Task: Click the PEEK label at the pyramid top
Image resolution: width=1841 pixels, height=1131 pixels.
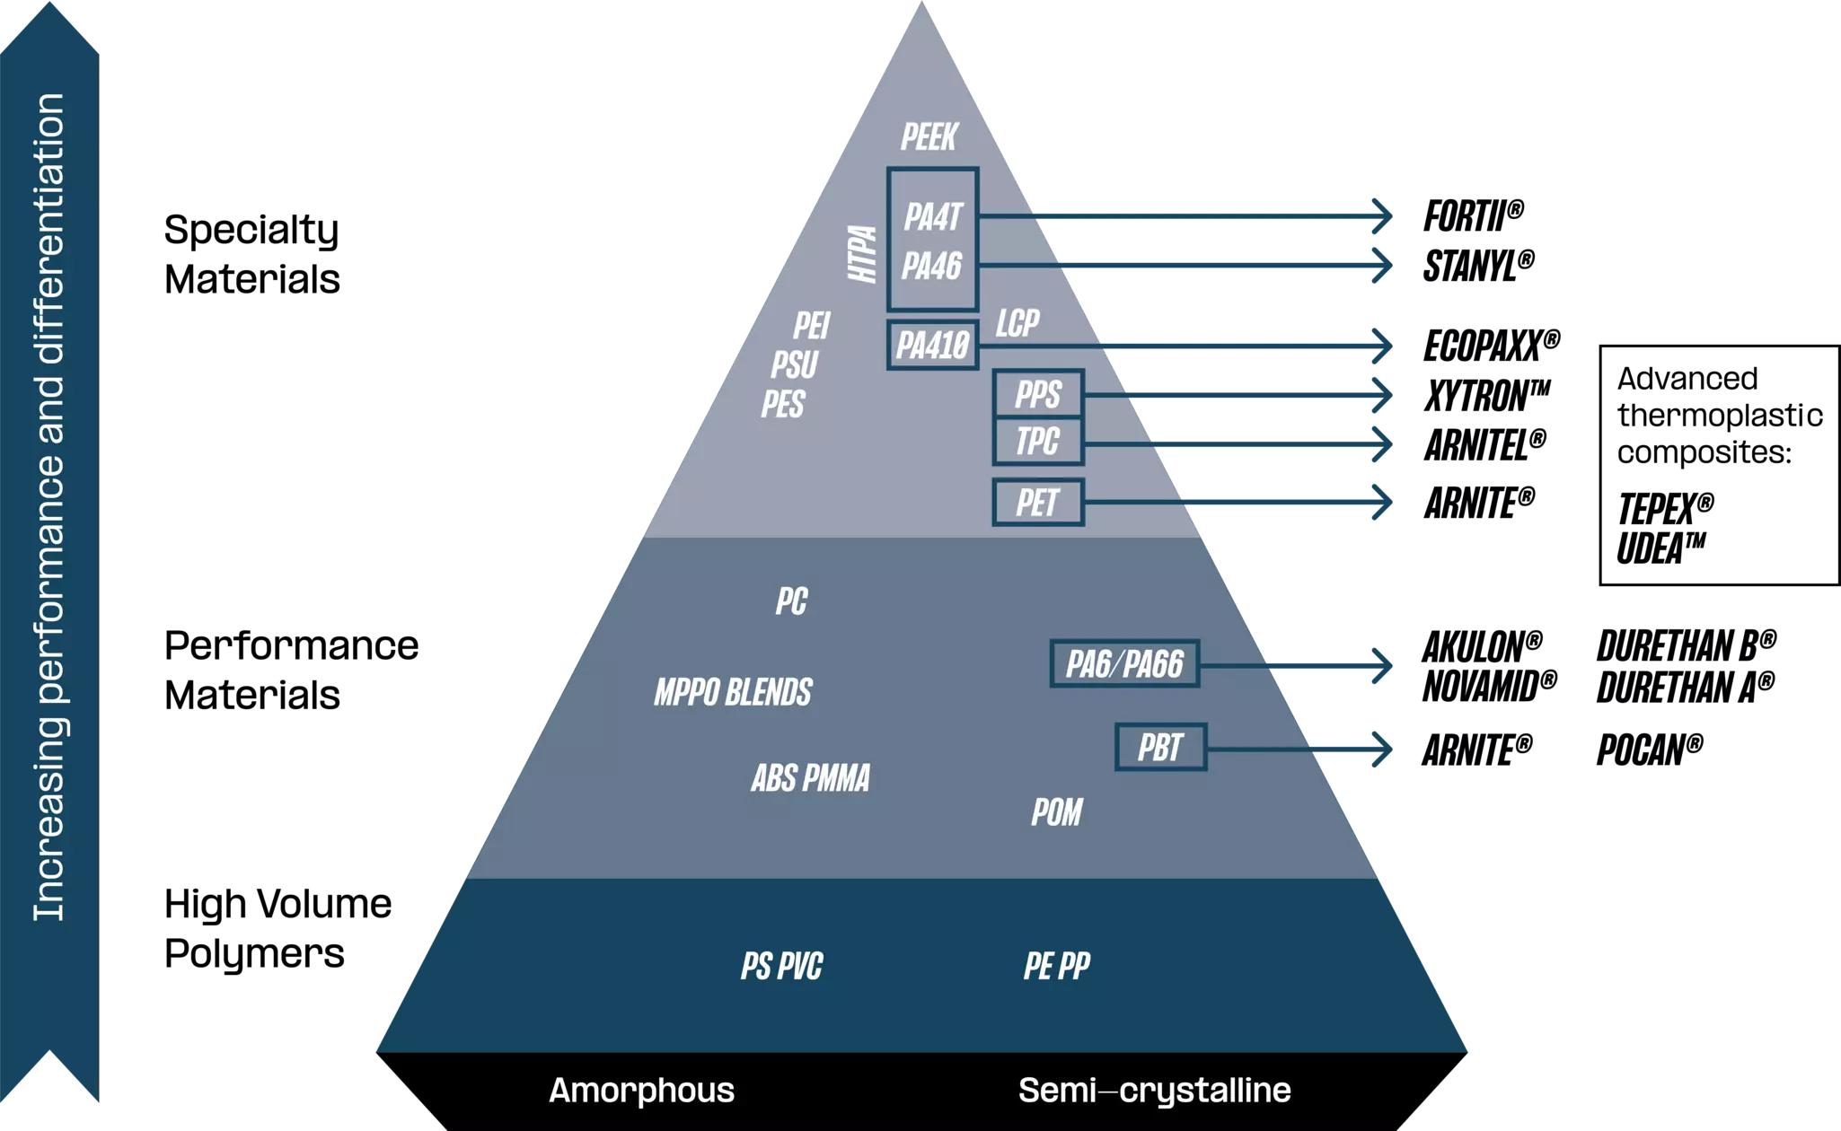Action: pos(929,137)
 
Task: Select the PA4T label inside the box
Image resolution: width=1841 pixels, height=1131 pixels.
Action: pos(933,217)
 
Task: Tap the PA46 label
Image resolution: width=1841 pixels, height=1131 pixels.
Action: pos(932,267)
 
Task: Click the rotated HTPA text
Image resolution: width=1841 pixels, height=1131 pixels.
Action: pos(863,254)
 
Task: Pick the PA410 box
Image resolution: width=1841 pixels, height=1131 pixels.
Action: pos(932,345)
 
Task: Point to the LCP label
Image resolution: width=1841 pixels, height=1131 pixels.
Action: pos(1017,323)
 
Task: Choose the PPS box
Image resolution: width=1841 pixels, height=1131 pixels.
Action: pos(1038,394)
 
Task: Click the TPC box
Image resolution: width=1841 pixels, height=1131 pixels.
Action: pos(1038,442)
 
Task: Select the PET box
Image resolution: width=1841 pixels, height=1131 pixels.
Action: pos(1038,503)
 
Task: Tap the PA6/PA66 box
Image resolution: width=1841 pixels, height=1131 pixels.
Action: pos(1124,664)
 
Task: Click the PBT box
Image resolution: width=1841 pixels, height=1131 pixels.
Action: pos(1160,748)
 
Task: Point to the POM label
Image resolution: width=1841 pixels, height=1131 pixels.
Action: pos(1057,812)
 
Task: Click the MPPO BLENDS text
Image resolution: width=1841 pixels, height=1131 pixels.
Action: pos(733,693)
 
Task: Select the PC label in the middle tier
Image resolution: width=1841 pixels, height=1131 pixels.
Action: pos(791,601)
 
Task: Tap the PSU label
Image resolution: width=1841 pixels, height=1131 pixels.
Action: pos(795,365)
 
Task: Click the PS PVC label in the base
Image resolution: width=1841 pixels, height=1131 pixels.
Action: pos(781,967)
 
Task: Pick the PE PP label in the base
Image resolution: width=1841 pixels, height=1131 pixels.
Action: pos(1057,967)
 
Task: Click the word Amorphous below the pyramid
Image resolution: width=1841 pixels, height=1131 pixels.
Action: pos(641,1091)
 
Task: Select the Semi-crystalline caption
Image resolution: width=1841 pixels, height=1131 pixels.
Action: pos(1154,1091)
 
